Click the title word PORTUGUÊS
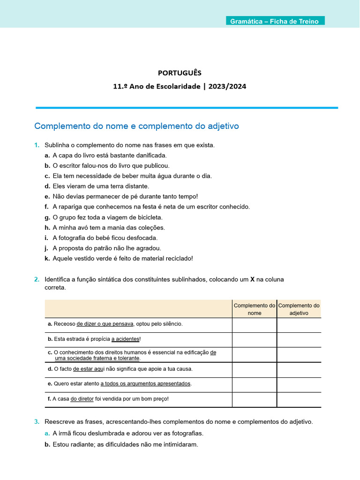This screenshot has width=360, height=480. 180,73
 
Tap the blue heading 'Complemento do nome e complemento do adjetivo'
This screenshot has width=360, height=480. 137,126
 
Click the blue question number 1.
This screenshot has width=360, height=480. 37,145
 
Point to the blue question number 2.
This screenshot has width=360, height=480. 37,279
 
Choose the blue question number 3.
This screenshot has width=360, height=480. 37,422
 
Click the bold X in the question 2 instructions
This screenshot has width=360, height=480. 252,279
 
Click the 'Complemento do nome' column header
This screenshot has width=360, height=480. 255,309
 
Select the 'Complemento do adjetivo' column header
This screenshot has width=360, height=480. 299,309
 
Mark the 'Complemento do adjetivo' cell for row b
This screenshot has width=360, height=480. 299,340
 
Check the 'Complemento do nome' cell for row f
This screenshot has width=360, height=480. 255,399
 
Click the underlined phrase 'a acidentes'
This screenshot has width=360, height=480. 125,339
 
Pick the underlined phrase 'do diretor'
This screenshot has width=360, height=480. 82,399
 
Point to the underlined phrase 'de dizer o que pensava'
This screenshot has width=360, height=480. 105,324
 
